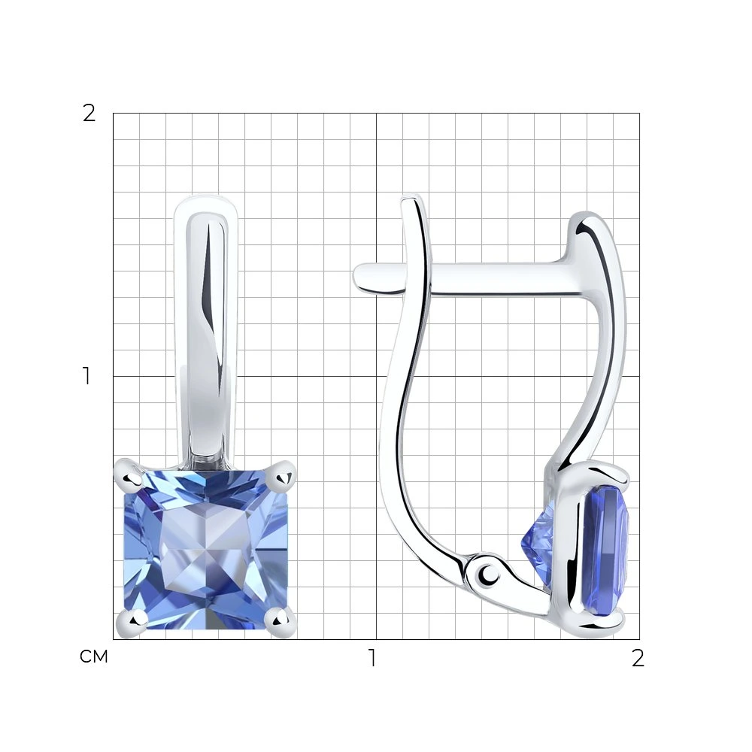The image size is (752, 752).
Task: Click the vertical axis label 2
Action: pyautogui.click(x=89, y=114)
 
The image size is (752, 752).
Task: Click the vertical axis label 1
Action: pyautogui.click(x=86, y=376)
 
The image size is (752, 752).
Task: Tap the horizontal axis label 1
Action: pyautogui.click(x=372, y=658)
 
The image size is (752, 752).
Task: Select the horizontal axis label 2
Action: pyautogui.click(x=638, y=658)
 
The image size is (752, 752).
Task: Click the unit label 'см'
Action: pyautogui.click(x=94, y=656)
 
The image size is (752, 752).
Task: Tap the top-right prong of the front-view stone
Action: pyautogui.click(x=284, y=475)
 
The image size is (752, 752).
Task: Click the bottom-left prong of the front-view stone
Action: pyautogui.click(x=130, y=623)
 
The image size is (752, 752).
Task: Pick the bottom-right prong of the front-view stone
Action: pyautogui.click(x=281, y=623)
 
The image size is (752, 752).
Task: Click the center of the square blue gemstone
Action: pyautogui.click(x=206, y=550)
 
